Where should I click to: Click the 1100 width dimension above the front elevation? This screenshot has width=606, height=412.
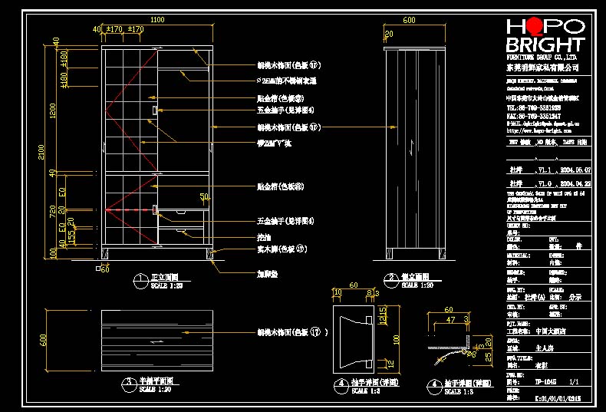(x=157, y=19)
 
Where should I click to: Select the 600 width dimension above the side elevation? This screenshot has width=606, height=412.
(x=409, y=19)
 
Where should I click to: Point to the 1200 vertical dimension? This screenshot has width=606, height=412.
(x=53, y=111)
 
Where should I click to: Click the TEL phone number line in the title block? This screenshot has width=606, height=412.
(x=534, y=108)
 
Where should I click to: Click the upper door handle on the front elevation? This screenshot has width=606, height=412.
(x=155, y=111)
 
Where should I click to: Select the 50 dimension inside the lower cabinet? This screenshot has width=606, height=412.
(x=204, y=197)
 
